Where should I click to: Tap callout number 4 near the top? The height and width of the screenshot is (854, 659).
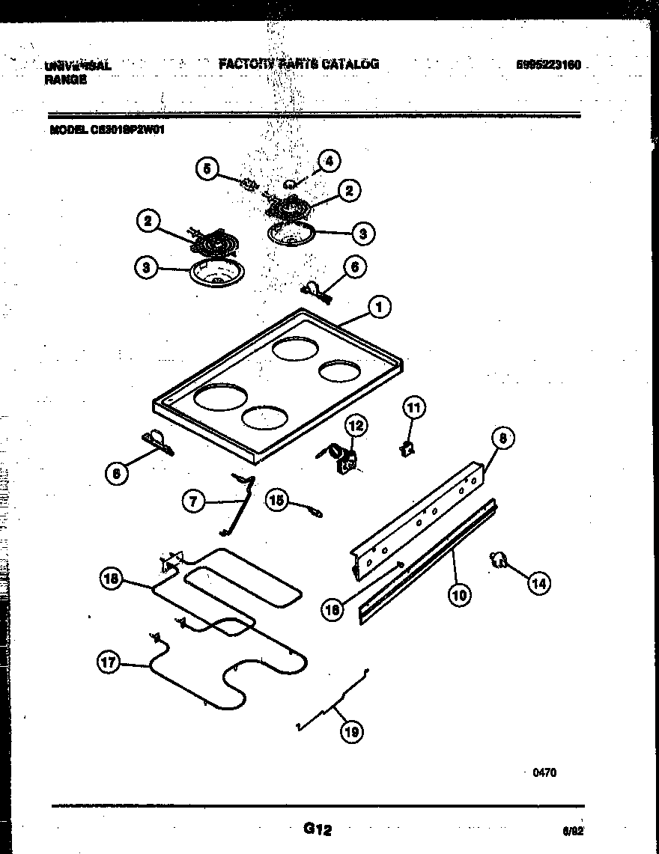tap(328, 160)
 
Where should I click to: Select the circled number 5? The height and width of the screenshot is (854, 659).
tap(208, 169)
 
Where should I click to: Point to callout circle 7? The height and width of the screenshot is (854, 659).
tap(194, 501)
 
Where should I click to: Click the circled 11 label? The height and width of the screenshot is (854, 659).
tap(413, 407)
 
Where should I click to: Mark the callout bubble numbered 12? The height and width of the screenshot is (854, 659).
tap(356, 426)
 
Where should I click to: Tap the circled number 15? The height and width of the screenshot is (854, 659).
tap(278, 501)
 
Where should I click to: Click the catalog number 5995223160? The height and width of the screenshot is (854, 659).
tap(548, 65)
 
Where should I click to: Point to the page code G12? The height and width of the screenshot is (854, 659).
tap(317, 829)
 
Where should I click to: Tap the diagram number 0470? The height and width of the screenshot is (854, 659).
tap(544, 773)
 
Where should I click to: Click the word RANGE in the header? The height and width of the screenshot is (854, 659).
tap(65, 80)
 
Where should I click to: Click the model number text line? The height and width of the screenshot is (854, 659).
tap(107, 129)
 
